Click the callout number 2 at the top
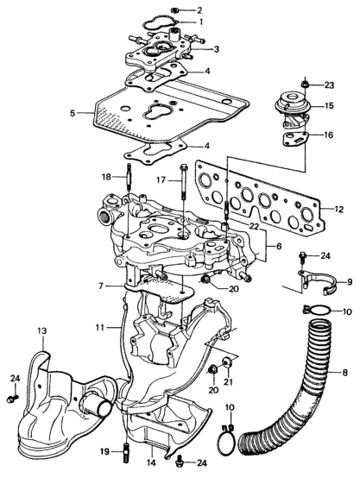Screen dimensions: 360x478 coord(199,10)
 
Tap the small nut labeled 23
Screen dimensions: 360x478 coord(304,84)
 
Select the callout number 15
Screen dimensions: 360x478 coord(328,106)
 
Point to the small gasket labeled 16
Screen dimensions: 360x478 coord(295,140)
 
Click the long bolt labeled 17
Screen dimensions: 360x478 coord(184,182)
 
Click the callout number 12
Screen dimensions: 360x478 coord(338,210)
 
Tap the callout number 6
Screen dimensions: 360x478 coord(279,246)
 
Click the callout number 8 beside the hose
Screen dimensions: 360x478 coord(344,372)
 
